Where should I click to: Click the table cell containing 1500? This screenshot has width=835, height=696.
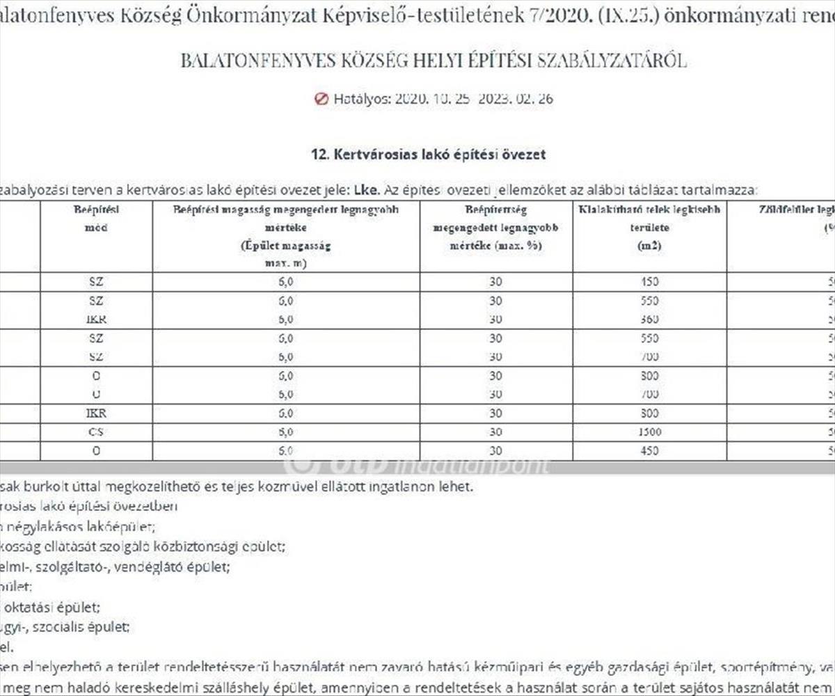click(649, 432)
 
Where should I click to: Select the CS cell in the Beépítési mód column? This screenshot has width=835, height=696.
click(96, 432)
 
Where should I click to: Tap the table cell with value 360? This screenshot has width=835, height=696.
click(649, 319)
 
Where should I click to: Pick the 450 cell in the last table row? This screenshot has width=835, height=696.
click(649, 451)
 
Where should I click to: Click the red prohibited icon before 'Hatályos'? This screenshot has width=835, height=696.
click(321, 99)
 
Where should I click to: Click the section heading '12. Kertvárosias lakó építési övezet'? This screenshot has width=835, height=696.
click(428, 155)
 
